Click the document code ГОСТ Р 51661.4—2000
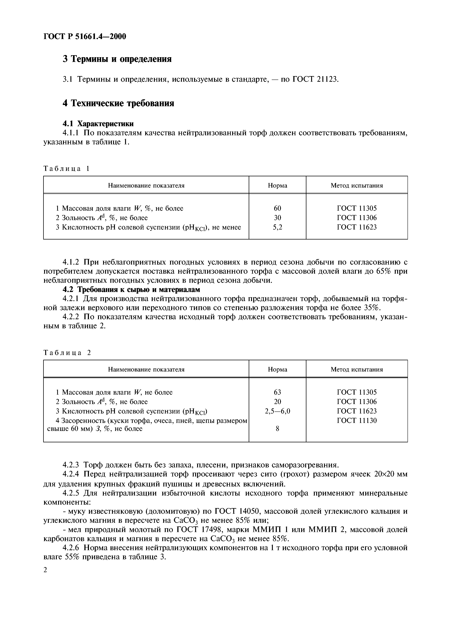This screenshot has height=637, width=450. (85, 36)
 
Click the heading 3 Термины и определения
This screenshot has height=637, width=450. (117, 59)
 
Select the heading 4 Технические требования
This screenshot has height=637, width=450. (118, 103)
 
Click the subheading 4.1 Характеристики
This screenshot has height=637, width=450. (98, 123)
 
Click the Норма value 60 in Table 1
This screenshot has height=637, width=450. (277, 208)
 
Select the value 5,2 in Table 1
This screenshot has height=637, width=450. (277, 227)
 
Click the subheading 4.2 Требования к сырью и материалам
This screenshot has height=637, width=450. (131, 289)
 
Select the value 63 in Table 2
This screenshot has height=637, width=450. (277, 392)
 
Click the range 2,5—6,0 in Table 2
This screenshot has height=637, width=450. (277, 411)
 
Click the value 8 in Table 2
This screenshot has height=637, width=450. (277, 429)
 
